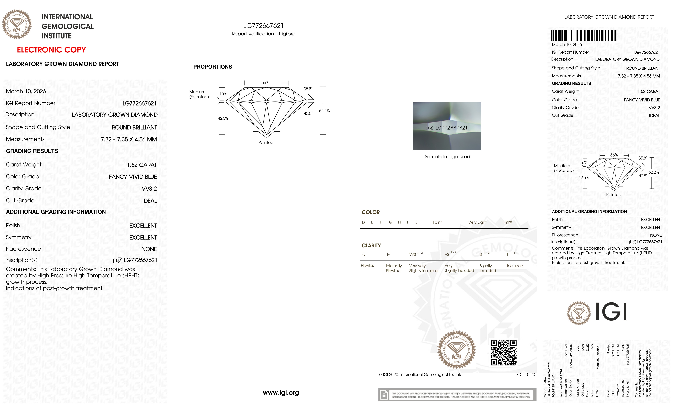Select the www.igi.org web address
(x=281, y=393)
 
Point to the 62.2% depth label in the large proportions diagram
(x=324, y=111)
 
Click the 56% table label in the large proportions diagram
(x=265, y=83)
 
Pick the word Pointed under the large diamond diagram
(x=266, y=142)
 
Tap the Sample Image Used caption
(x=447, y=157)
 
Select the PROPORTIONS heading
(x=212, y=67)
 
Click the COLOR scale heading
(x=370, y=212)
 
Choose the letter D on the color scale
(x=363, y=222)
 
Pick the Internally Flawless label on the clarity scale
(x=394, y=268)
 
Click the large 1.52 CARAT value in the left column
(x=142, y=165)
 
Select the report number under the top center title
(x=263, y=26)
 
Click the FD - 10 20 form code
(x=525, y=375)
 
